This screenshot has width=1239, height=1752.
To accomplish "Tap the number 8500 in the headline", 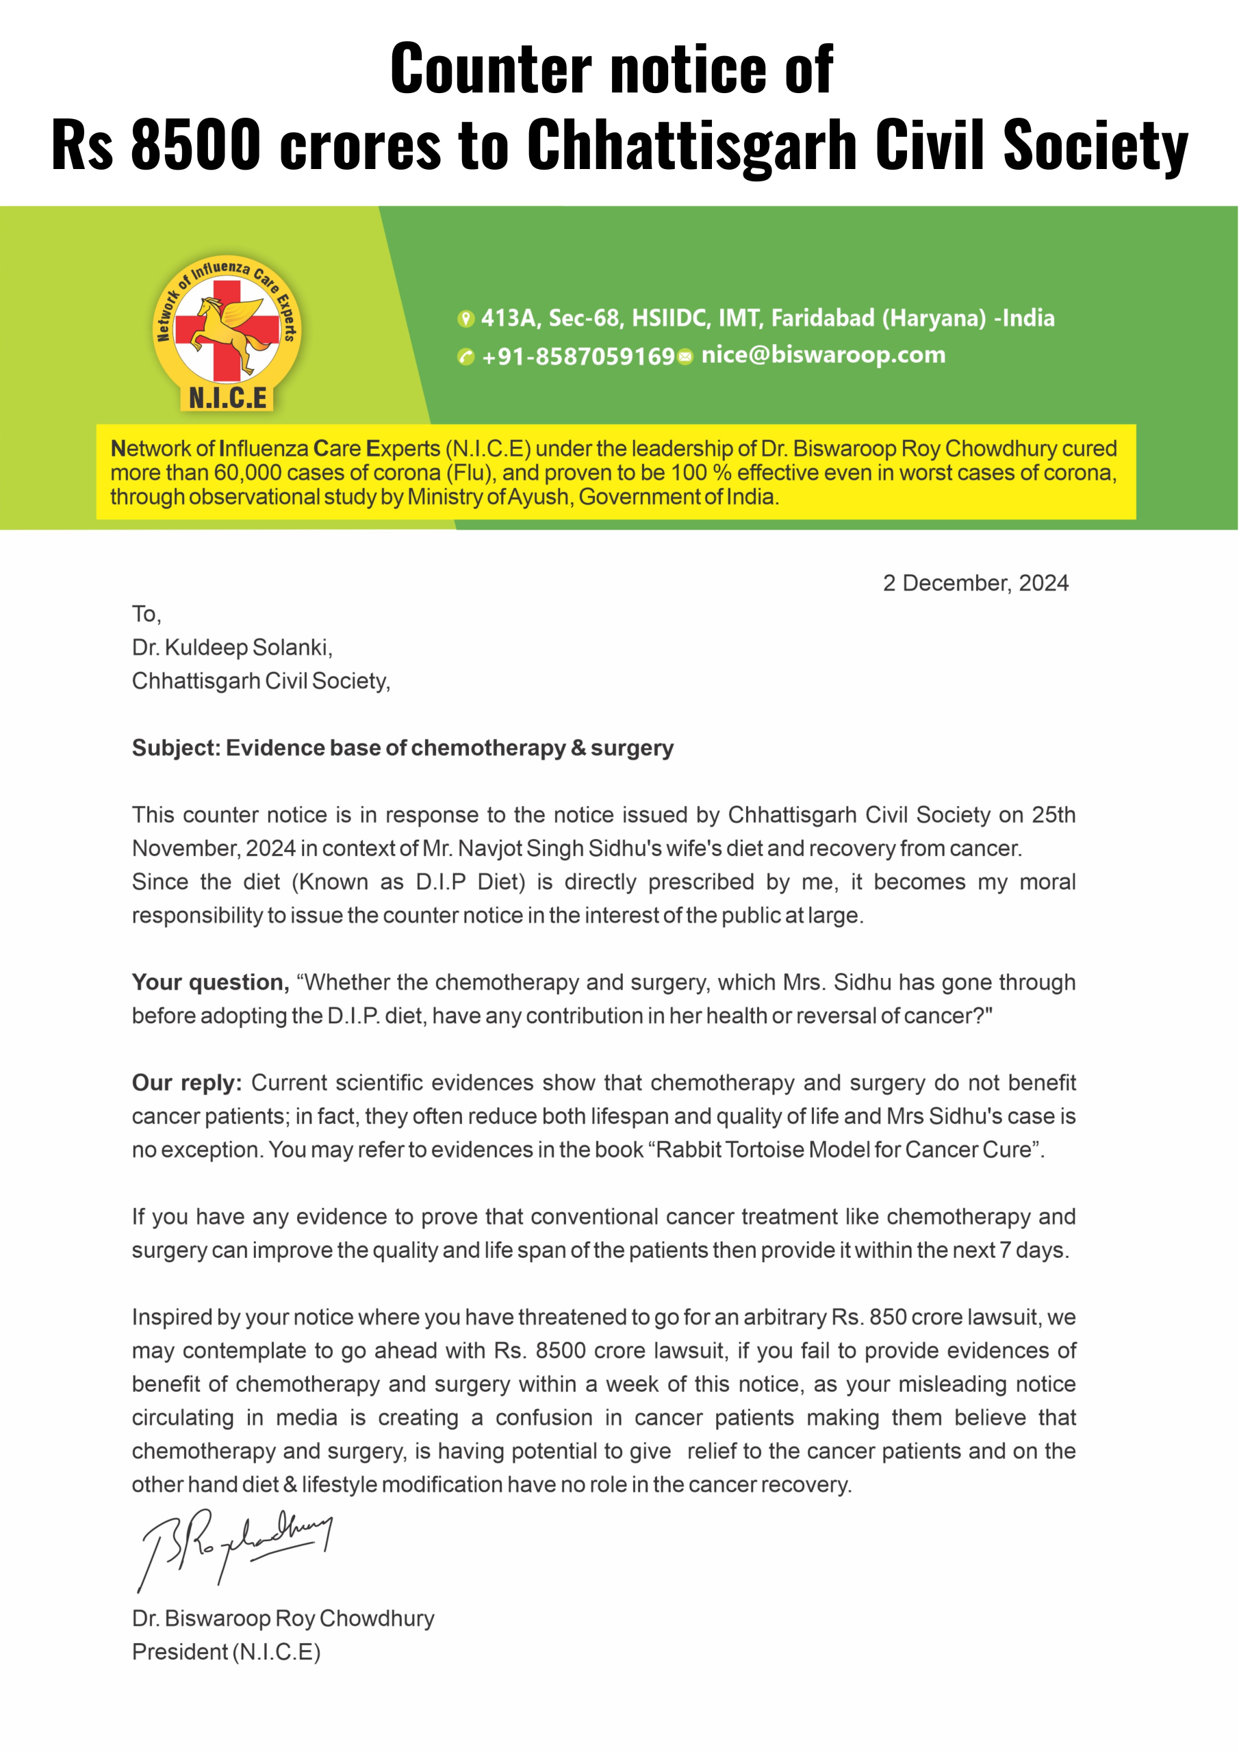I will [195, 145].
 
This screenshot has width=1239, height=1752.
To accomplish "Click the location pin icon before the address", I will [465, 319].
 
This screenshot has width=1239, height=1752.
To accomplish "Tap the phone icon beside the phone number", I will [465, 357].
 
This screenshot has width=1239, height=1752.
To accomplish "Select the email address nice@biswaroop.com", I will [823, 355].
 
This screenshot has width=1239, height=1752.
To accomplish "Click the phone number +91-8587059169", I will [578, 357].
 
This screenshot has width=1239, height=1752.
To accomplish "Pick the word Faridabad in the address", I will [823, 318].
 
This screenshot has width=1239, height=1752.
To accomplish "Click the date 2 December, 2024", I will [975, 583].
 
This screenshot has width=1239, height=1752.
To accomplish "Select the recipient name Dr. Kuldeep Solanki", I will [232, 647].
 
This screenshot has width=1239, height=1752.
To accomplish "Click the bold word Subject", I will [175, 748].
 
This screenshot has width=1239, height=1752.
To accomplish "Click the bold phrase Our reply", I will [186, 1083].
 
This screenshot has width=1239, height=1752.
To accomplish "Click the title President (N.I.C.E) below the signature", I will [226, 1651].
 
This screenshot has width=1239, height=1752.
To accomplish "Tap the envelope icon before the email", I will [685, 357].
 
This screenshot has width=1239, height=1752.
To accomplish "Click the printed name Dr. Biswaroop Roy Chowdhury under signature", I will [283, 1618].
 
